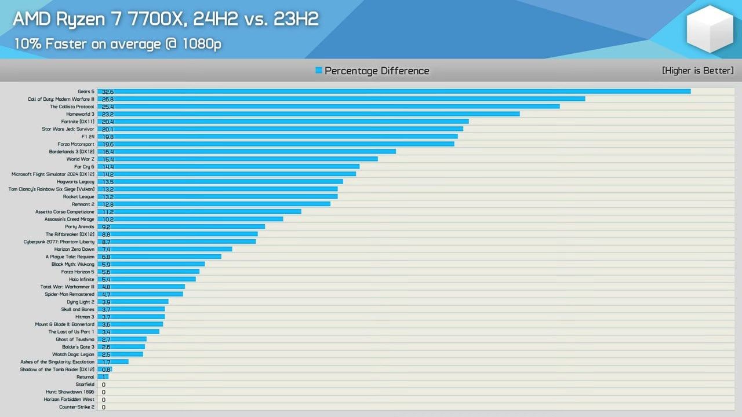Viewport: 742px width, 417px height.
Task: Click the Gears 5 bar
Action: click(x=394, y=92)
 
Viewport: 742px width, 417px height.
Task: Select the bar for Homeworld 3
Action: click(x=308, y=114)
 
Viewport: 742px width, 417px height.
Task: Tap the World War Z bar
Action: click(x=238, y=159)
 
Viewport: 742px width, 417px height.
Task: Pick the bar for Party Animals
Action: click(x=181, y=226)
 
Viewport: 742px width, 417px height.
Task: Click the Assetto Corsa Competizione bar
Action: click(x=199, y=211)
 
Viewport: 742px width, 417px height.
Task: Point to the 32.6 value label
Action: click(x=107, y=92)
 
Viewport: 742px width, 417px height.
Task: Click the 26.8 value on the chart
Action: click(x=107, y=99)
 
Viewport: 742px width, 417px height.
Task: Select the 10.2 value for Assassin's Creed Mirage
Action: click(x=107, y=219)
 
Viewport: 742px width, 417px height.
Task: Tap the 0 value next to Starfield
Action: click(x=103, y=385)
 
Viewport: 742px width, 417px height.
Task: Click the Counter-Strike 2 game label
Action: click(x=77, y=407)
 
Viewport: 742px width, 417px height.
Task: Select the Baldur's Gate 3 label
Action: click(x=78, y=347)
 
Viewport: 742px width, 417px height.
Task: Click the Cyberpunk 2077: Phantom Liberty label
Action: click(x=59, y=242)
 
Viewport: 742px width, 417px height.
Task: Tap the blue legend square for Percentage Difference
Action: click(x=319, y=71)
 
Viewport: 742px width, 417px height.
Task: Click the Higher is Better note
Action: click(x=697, y=71)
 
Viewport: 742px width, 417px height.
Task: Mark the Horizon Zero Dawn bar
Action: click(x=165, y=249)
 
